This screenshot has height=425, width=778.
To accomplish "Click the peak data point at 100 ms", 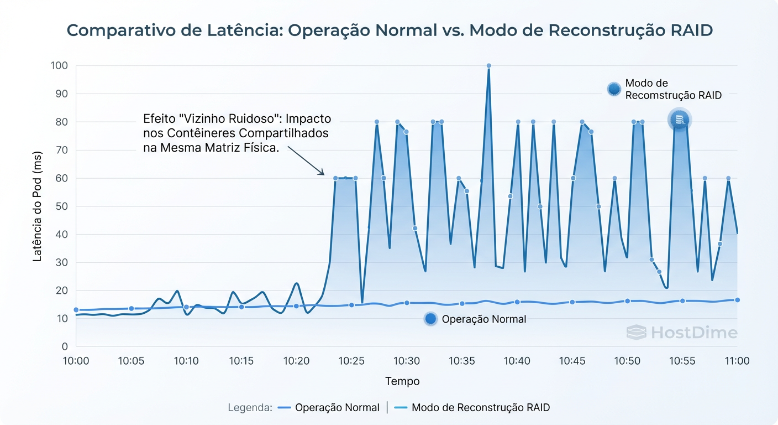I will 488,66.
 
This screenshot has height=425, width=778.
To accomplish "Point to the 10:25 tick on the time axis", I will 351,361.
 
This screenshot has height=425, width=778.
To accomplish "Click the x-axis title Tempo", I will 402,381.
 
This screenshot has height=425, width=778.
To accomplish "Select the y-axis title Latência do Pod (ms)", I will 38,206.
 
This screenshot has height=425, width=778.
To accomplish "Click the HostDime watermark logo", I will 682,333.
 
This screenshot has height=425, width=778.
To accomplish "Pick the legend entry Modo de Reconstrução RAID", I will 481,408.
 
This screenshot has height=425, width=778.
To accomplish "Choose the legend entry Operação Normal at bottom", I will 337,408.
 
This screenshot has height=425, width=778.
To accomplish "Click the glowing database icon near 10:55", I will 680,120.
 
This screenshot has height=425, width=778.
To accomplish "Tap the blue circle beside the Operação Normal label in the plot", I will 430,319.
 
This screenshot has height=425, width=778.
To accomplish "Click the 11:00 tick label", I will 737,361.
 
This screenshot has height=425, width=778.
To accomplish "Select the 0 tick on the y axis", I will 65,347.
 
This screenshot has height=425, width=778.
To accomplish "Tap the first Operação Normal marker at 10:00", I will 76,310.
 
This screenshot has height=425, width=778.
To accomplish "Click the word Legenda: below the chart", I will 250,408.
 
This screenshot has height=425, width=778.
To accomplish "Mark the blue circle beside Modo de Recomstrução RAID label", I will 613,89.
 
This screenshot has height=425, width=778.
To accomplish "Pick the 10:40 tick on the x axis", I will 517,361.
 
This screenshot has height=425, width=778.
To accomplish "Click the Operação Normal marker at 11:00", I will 737,300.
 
